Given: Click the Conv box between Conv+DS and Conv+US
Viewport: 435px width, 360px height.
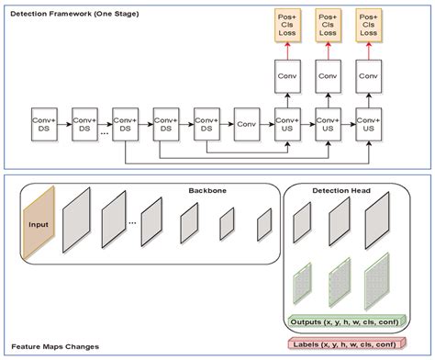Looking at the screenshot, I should (x=246, y=123).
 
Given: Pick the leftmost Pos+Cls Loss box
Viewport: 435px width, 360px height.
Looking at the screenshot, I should (x=287, y=27).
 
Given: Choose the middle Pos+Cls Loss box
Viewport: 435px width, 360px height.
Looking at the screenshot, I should (x=328, y=27).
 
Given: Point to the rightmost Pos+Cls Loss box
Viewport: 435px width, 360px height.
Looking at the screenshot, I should (x=367, y=27).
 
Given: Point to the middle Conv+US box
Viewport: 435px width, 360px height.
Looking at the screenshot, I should (x=328, y=123).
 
